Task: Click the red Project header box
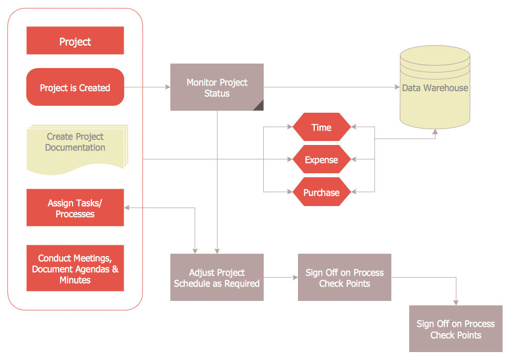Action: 75,41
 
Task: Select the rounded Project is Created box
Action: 75,87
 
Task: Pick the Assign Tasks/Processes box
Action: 75,208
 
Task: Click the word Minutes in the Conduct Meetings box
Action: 75,281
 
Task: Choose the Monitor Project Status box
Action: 217,87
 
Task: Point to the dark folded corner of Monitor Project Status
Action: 259,105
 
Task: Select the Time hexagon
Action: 321,128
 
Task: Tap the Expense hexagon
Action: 321,160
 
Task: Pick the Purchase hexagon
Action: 321,192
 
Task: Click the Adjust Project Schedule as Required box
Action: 217,278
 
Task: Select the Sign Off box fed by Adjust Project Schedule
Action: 344,278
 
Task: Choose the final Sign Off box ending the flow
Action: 455,329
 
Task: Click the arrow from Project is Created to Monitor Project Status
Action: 147,87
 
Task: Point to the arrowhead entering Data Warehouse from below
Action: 436,132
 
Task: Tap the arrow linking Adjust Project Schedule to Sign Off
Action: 281,278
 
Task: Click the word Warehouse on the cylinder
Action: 445,88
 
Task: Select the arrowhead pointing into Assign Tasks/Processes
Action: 128,208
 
